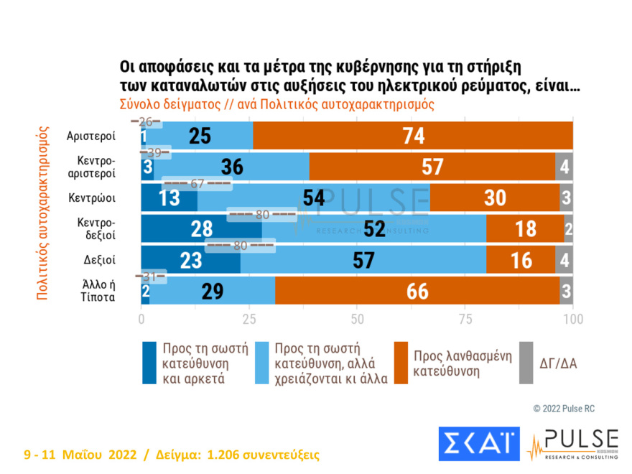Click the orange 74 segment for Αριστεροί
(x=413, y=135)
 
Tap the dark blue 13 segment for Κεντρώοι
(x=169, y=197)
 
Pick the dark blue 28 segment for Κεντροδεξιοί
(x=201, y=228)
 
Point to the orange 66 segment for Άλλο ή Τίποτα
(x=417, y=290)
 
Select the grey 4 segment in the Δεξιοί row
(x=564, y=259)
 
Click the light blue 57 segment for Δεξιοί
(x=364, y=259)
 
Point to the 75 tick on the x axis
(x=465, y=317)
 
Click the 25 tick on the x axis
(x=248, y=317)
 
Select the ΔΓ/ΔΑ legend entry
(x=557, y=363)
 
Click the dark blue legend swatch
(x=148, y=363)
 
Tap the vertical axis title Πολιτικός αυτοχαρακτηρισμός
(x=42, y=213)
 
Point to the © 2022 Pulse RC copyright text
(x=564, y=408)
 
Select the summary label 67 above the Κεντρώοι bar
(x=197, y=183)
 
